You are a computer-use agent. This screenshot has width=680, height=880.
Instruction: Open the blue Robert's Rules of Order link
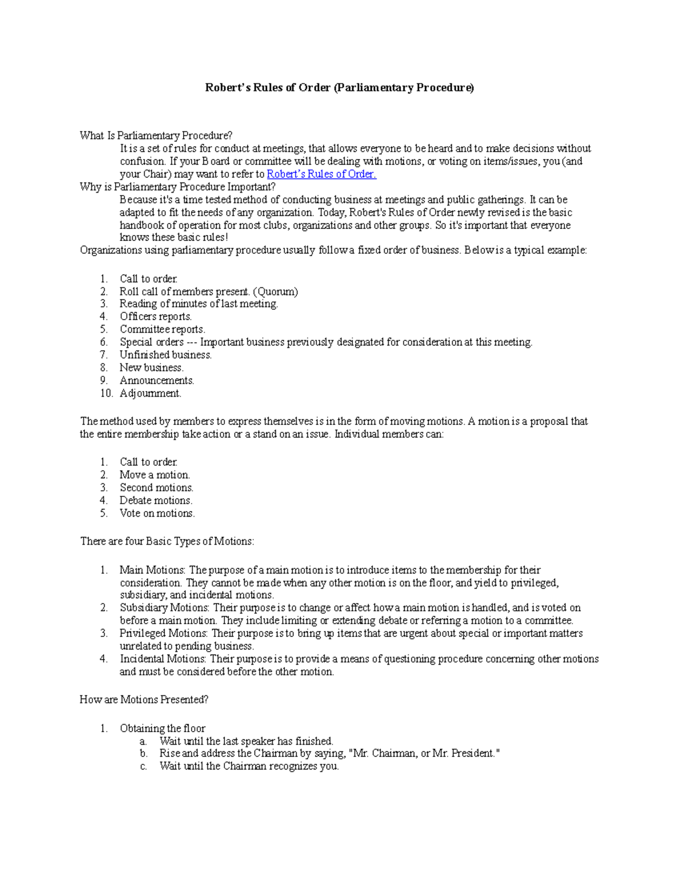tap(321, 174)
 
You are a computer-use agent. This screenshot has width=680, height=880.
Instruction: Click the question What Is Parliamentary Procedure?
tap(156, 135)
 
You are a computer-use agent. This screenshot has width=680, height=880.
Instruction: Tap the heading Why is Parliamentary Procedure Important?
tap(177, 186)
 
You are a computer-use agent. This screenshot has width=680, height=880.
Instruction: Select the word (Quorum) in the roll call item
tap(275, 291)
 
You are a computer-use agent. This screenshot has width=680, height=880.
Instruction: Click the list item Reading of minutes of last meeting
tap(198, 304)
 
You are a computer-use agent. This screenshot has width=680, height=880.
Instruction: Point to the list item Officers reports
tap(155, 316)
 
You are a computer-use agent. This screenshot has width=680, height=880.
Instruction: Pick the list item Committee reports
tap(162, 329)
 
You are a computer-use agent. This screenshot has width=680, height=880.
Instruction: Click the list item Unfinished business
tap(165, 355)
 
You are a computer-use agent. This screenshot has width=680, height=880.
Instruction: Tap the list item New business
tap(151, 367)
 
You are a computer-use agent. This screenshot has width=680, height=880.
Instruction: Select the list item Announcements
tap(156, 380)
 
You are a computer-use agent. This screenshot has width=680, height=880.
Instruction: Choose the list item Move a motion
tap(154, 475)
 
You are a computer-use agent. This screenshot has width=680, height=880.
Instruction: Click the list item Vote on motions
tap(157, 513)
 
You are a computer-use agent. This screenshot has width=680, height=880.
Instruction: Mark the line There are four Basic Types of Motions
tap(167, 541)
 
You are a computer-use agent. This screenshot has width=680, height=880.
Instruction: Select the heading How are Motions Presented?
tap(144, 700)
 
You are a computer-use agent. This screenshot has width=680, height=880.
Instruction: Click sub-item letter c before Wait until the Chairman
tap(144, 766)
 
